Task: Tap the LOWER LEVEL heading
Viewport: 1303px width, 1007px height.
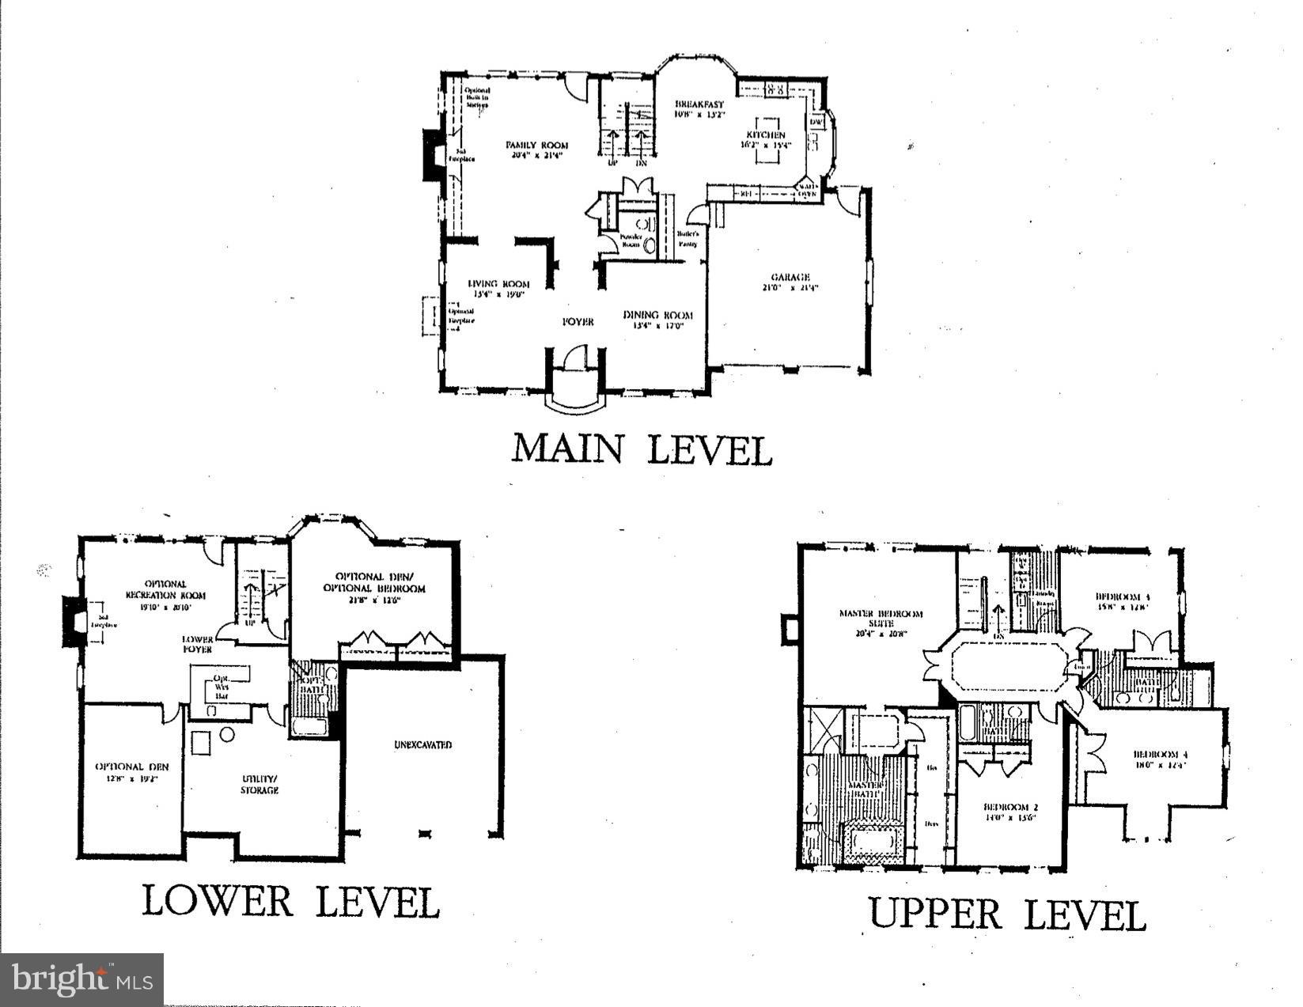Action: [290, 901]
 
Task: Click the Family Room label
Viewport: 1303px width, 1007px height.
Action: [537, 150]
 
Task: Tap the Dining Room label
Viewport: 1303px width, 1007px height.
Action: [657, 319]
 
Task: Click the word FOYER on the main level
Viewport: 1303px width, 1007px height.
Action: [578, 321]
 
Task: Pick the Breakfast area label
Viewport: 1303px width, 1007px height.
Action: [699, 108]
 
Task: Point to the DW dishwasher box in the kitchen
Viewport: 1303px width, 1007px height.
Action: [816, 123]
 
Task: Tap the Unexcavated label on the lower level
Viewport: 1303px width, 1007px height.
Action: [422, 744]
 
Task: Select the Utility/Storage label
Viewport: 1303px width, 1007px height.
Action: [260, 784]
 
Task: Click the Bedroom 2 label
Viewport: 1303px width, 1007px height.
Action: [1010, 812]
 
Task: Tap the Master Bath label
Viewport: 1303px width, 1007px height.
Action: [866, 789]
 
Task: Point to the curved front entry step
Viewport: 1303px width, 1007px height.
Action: [578, 405]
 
